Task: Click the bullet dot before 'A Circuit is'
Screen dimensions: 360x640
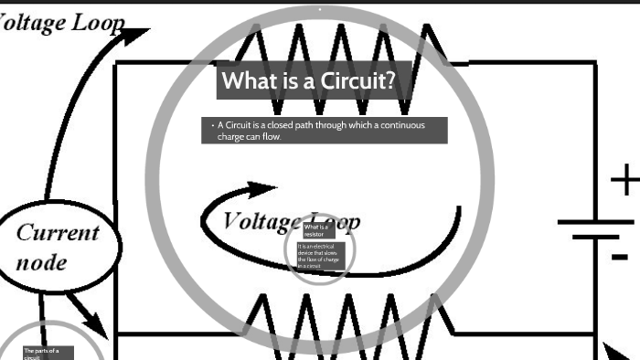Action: (211, 124)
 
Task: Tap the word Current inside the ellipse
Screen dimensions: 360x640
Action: (58, 232)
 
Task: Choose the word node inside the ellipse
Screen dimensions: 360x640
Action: (42, 262)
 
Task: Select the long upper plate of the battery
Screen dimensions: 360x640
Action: (594, 222)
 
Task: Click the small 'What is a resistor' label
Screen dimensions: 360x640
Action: (315, 230)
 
